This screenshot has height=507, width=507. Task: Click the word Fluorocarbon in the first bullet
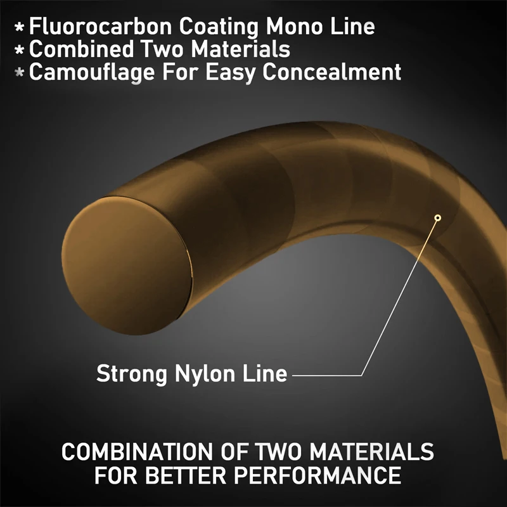click(x=101, y=26)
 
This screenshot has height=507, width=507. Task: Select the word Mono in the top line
click(x=294, y=26)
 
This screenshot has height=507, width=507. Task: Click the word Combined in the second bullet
click(x=81, y=49)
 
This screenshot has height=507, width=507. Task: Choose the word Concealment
click(x=331, y=72)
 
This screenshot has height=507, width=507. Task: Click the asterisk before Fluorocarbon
click(x=20, y=27)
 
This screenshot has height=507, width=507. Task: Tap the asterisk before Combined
click(x=20, y=50)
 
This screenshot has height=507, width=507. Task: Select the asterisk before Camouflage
click(x=20, y=72)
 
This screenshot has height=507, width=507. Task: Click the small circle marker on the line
click(x=438, y=218)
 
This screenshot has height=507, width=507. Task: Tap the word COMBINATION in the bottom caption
click(x=137, y=452)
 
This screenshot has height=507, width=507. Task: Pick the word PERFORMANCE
click(x=318, y=475)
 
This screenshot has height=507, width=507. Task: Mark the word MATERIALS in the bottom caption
click(x=372, y=452)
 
